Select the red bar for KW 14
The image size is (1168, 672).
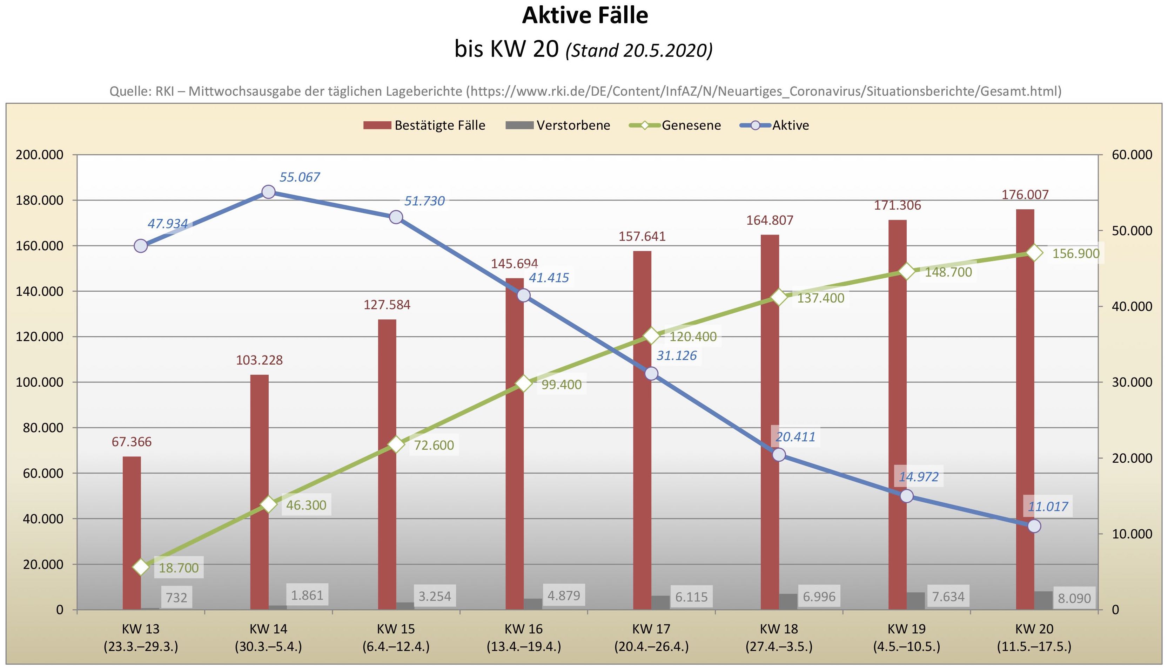click(x=260, y=491)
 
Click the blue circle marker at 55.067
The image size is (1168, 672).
click(x=268, y=192)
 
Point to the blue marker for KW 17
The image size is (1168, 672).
click(x=651, y=373)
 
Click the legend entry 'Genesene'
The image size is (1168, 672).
click(x=691, y=125)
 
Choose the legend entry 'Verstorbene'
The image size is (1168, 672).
click(x=573, y=125)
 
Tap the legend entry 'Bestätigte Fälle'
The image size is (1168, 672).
click(x=439, y=125)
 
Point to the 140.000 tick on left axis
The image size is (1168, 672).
click(x=39, y=291)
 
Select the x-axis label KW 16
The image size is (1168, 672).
click(x=524, y=629)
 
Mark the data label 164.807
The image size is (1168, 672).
click(x=770, y=220)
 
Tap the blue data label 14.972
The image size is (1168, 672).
click(x=918, y=477)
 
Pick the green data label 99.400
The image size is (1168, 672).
click(x=562, y=385)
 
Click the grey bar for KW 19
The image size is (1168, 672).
click(x=915, y=601)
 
